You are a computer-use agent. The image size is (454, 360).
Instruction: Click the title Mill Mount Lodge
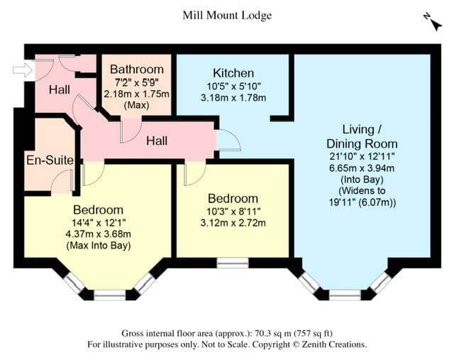coord(227,16)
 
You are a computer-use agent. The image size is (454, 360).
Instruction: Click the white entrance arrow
coord(23,70)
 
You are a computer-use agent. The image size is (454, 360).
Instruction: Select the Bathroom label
coord(137,70)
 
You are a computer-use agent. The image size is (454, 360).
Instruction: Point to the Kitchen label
coord(233,73)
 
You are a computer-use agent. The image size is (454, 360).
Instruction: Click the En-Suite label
coord(50,160)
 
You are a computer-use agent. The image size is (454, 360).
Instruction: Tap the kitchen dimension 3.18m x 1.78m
coord(233,98)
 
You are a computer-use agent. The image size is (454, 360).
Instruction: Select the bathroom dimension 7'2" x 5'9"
coord(137,82)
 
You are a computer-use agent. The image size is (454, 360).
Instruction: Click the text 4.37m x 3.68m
coord(99,234)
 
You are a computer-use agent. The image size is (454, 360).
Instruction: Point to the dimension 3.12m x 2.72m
coord(233,223)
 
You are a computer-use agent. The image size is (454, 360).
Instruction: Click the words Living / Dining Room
coord(362,136)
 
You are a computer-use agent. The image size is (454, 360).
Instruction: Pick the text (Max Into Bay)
coord(99,246)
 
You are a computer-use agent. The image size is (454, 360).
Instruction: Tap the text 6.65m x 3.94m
coord(362,168)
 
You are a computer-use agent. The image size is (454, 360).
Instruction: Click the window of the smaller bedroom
coord(233,263)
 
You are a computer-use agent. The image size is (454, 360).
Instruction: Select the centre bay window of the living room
coord(345,295)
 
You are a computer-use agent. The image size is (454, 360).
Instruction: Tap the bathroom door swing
coord(131,130)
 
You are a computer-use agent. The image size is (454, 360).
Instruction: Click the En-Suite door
coord(62,180)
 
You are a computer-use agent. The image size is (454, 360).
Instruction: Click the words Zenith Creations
coord(334,344)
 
